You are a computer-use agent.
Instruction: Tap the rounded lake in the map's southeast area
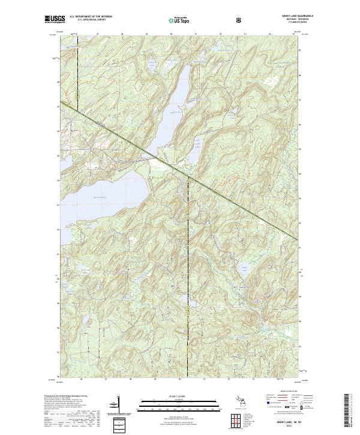tap(244, 268)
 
